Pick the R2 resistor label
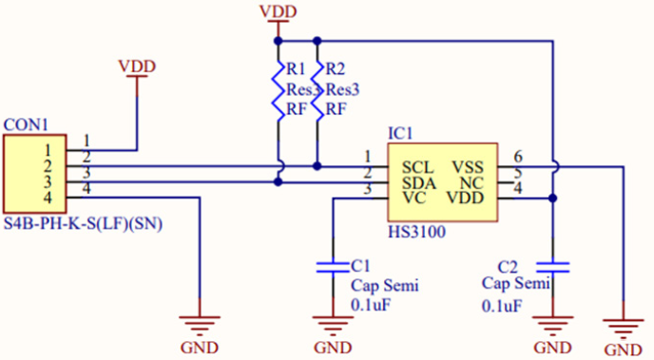336,69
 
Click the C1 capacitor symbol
332,265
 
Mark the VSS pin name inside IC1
468,166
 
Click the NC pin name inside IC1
473,181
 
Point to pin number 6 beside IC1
518,157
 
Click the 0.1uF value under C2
501,306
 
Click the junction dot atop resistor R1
278,41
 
